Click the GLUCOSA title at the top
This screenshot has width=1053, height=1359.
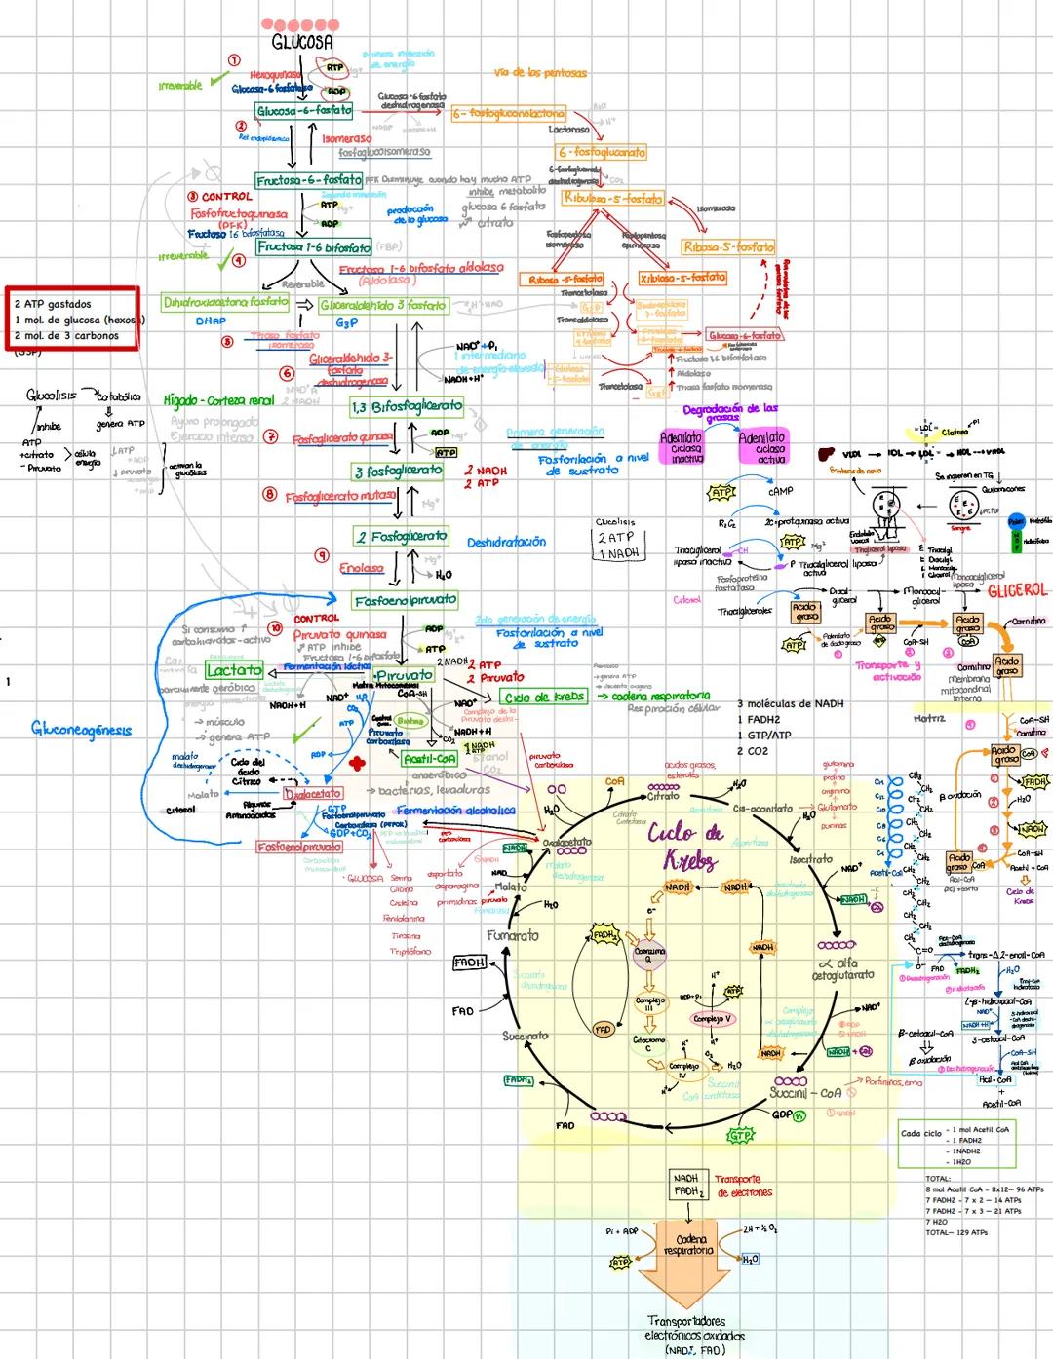click(301, 43)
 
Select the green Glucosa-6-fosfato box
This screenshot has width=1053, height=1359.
click(304, 111)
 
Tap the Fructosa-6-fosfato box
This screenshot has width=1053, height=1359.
click(308, 180)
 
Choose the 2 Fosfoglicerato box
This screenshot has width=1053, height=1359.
click(401, 536)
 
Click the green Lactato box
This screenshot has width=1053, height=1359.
click(234, 670)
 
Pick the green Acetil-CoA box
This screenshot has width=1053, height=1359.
click(429, 757)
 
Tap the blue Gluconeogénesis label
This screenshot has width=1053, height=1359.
click(82, 728)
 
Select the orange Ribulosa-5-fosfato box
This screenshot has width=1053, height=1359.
click(612, 198)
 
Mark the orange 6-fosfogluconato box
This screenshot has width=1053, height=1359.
click(602, 152)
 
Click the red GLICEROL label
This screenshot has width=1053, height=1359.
click(1017, 590)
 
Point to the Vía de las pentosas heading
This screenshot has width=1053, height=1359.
click(541, 73)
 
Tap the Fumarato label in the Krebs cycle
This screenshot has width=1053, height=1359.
click(513, 935)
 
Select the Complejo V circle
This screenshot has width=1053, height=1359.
click(714, 1019)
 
